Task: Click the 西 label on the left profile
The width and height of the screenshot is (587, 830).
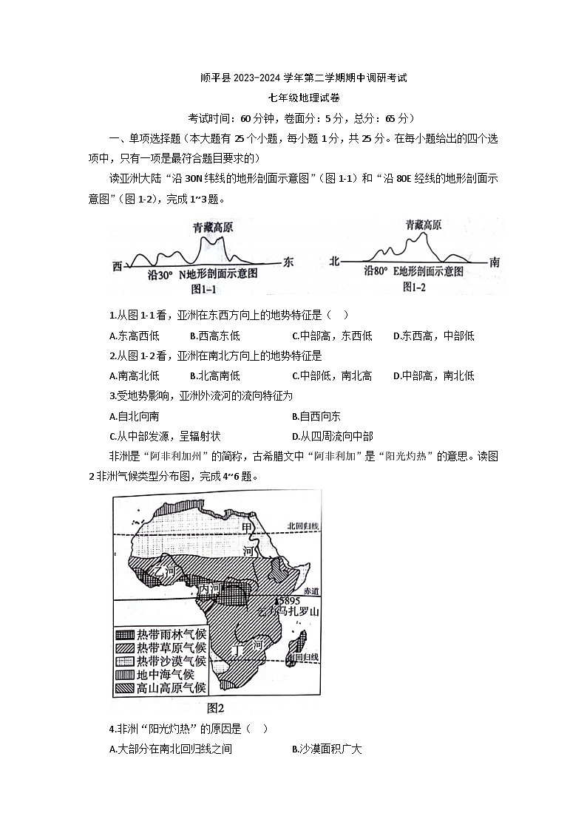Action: click(x=118, y=265)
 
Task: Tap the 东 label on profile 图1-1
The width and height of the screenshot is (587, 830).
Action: click(x=288, y=262)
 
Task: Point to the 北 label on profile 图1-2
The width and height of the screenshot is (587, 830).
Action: click(x=334, y=261)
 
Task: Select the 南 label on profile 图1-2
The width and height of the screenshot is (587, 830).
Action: click(x=495, y=261)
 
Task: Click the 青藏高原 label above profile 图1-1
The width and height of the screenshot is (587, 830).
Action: click(x=212, y=228)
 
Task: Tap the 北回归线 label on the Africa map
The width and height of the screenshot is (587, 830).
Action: click(x=304, y=526)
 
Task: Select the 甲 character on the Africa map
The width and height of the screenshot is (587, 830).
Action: click(x=248, y=527)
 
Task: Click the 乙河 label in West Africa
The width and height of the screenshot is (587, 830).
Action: click(x=163, y=571)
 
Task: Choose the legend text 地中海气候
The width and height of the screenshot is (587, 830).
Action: click(x=166, y=674)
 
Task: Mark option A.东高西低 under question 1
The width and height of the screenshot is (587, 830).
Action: click(x=134, y=336)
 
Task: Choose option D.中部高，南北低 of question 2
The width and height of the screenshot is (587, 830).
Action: click(x=433, y=375)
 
